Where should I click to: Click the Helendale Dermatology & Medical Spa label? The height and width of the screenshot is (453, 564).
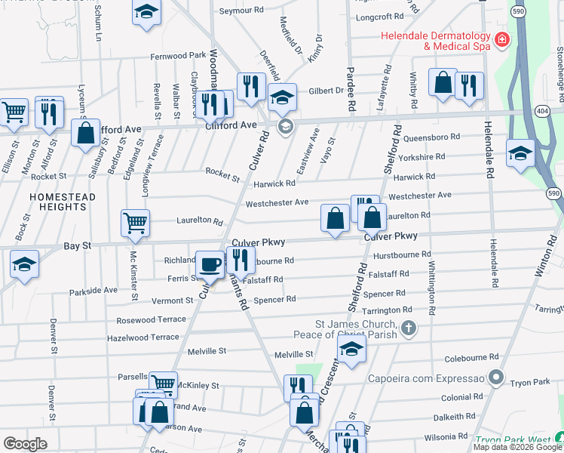coord(437,41)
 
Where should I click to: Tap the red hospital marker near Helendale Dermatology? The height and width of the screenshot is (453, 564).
coord(501,39)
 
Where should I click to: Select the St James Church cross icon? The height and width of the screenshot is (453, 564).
coord(408,328)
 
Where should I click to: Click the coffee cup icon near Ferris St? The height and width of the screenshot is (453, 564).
coord(210,264)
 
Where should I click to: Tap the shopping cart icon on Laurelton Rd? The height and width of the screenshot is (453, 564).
coord(135,222)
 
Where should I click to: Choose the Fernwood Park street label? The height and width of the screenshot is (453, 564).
coord(178,56)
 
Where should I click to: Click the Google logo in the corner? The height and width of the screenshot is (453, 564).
coord(24,444)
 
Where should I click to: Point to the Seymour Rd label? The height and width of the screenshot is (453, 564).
coord(241,11)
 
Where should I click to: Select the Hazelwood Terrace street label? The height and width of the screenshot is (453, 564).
coord(145,337)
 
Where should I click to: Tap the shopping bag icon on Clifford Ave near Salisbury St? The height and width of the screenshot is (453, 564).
coord(86,133)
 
